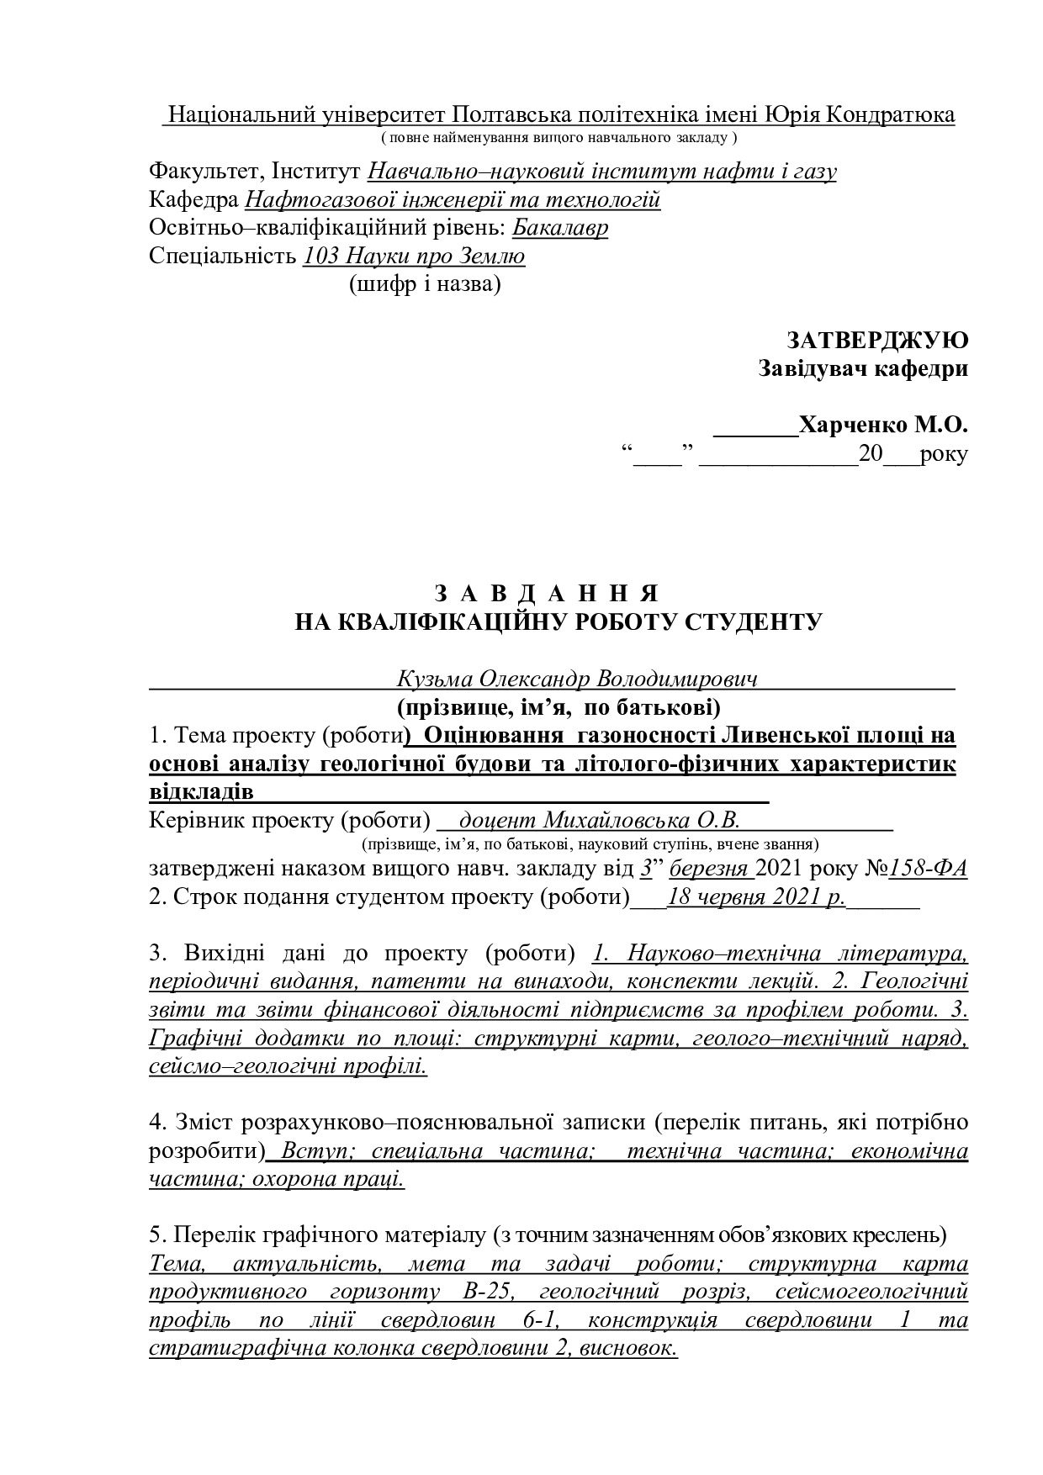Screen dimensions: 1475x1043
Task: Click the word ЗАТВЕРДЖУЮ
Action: [x=877, y=340]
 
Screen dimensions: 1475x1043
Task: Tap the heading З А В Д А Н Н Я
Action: [x=545, y=593]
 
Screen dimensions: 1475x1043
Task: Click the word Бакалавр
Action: [x=559, y=228]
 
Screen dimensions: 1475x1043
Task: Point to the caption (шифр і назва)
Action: [x=425, y=284]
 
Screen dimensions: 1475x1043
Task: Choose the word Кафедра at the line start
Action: [x=193, y=200]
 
